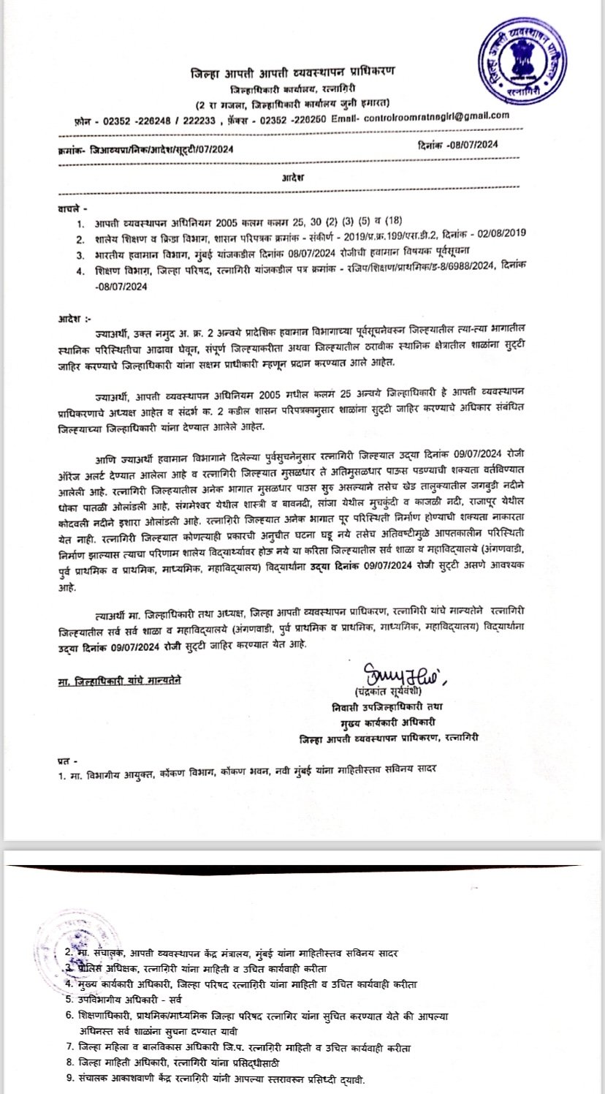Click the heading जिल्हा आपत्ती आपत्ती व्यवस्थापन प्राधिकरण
pyautogui.click(x=292, y=71)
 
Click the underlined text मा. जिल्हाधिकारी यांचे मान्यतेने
pyautogui.click(x=120, y=679)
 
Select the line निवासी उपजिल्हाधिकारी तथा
pyautogui.click(x=392, y=706)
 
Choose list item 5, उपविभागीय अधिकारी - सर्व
pyautogui.click(x=127, y=997)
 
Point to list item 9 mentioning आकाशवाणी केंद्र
pyautogui.click(x=219, y=1079)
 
